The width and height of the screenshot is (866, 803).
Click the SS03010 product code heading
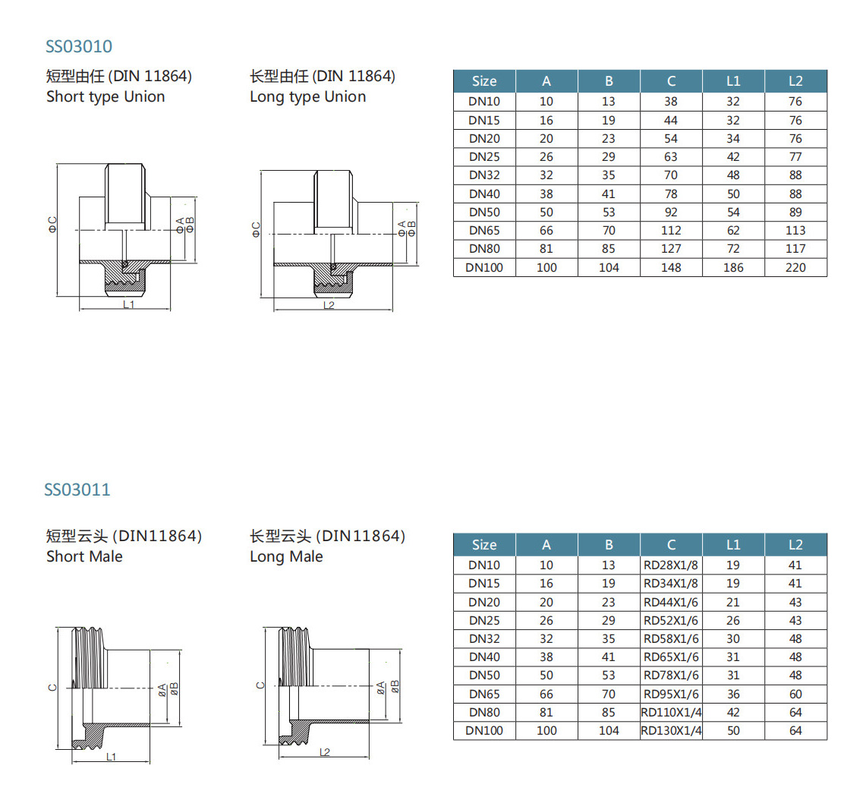pos(79,47)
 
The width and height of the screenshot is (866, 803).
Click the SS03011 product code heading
pos(77,490)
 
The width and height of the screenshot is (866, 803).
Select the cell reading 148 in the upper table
pos(671,267)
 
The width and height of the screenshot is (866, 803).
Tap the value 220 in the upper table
pos(795,267)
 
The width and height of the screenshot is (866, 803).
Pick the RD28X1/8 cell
pos(671,565)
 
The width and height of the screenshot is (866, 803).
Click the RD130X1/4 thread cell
pos(671,731)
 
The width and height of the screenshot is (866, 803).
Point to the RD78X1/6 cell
pos(671,675)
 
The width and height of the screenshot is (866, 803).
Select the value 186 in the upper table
pos(733,267)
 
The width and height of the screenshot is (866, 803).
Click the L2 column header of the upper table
pos(795,81)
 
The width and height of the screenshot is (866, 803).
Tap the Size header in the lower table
pos(484,545)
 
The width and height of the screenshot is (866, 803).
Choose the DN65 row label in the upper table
pos(484,230)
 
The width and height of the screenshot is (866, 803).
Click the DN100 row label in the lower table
pos(484,731)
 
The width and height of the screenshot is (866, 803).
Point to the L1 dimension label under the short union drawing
pos(128,304)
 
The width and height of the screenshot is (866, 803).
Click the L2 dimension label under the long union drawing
pos(329,304)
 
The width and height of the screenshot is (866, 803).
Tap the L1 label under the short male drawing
pos(111,756)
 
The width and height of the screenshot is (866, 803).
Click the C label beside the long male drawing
pos(260,685)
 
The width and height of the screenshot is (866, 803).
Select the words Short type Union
pos(105,97)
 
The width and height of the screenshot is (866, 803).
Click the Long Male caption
pos(286,557)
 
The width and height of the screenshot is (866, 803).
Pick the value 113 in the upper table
pos(795,230)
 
